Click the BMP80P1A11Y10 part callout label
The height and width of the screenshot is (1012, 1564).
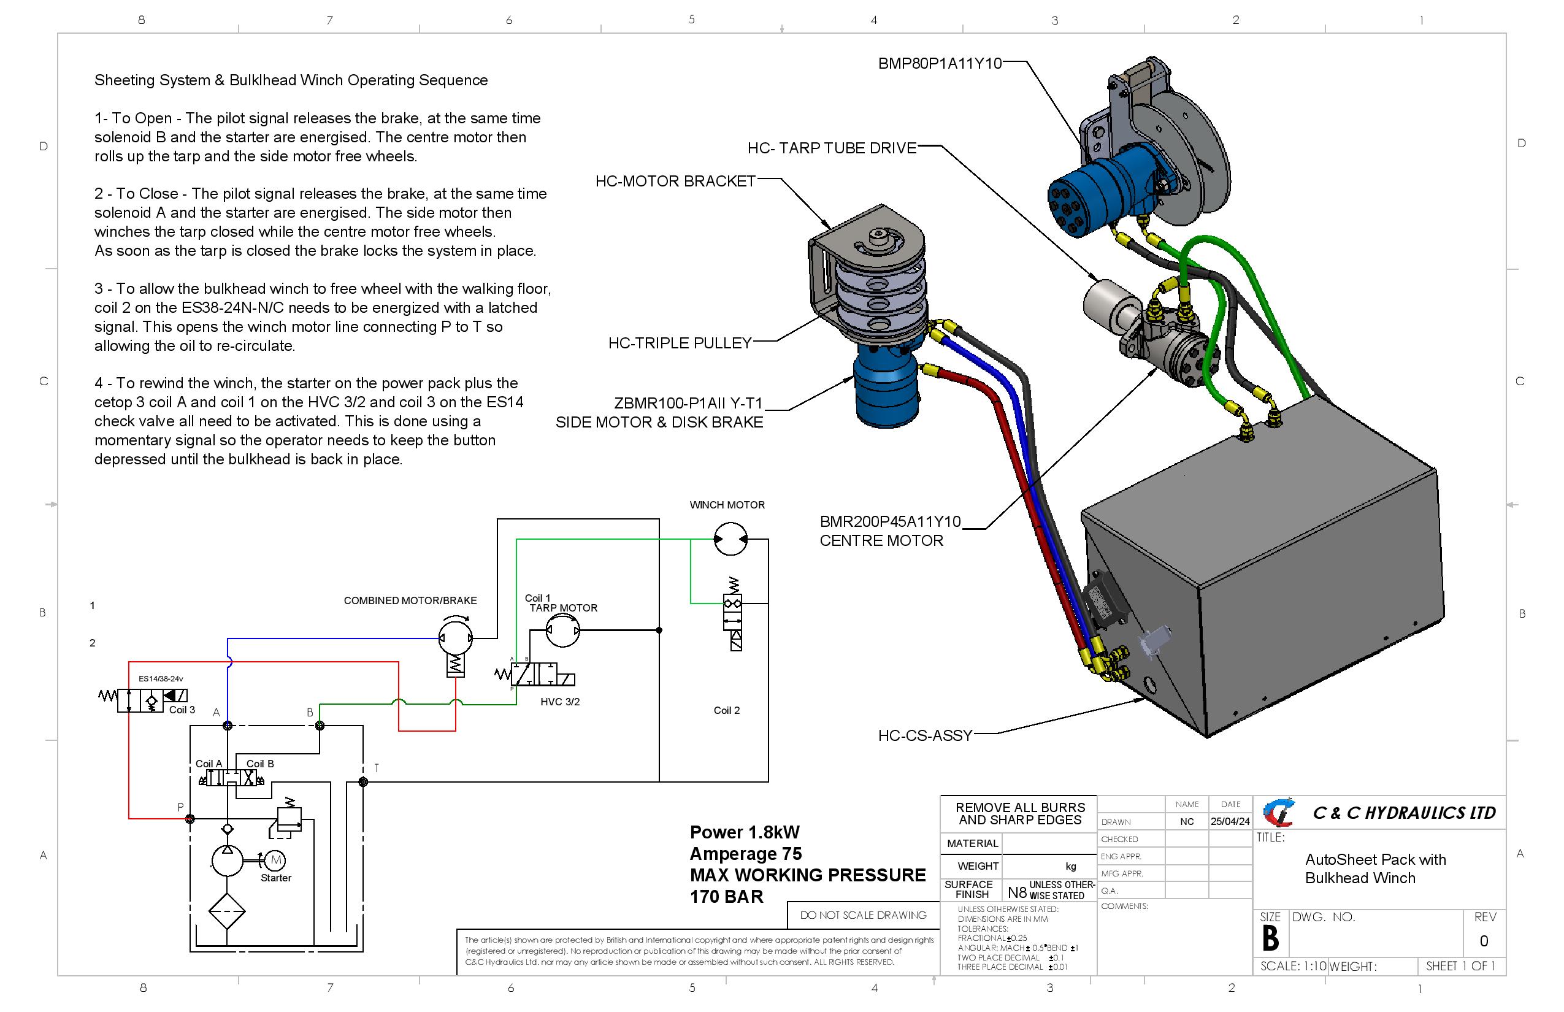(x=939, y=64)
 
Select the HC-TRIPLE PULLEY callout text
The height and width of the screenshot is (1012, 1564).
(x=680, y=343)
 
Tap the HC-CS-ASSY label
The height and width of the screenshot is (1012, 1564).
(x=925, y=735)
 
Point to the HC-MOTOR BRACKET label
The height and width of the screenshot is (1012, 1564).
(x=675, y=182)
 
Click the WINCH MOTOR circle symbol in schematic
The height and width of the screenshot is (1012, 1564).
(x=730, y=540)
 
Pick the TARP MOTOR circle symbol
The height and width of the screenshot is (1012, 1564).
(x=563, y=631)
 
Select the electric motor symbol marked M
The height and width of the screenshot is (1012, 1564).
(x=276, y=859)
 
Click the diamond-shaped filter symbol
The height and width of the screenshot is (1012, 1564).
(x=227, y=911)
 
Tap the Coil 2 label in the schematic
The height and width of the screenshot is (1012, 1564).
(x=726, y=710)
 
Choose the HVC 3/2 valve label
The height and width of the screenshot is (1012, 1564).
(x=560, y=702)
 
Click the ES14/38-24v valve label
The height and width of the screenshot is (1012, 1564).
(x=160, y=679)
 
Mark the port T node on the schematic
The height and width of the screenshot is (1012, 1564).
(x=362, y=782)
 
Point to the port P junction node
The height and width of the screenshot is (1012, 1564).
(x=190, y=819)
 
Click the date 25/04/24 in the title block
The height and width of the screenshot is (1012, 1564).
(x=1230, y=821)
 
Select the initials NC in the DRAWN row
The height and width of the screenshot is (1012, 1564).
(x=1187, y=821)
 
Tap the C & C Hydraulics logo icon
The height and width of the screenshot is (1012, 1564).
(x=1279, y=813)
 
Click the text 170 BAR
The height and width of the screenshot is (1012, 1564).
(x=726, y=897)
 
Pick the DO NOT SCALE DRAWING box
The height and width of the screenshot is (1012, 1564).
(x=863, y=914)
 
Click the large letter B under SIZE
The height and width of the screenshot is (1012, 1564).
(x=1270, y=938)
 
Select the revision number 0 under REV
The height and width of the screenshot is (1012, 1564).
(x=1484, y=941)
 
